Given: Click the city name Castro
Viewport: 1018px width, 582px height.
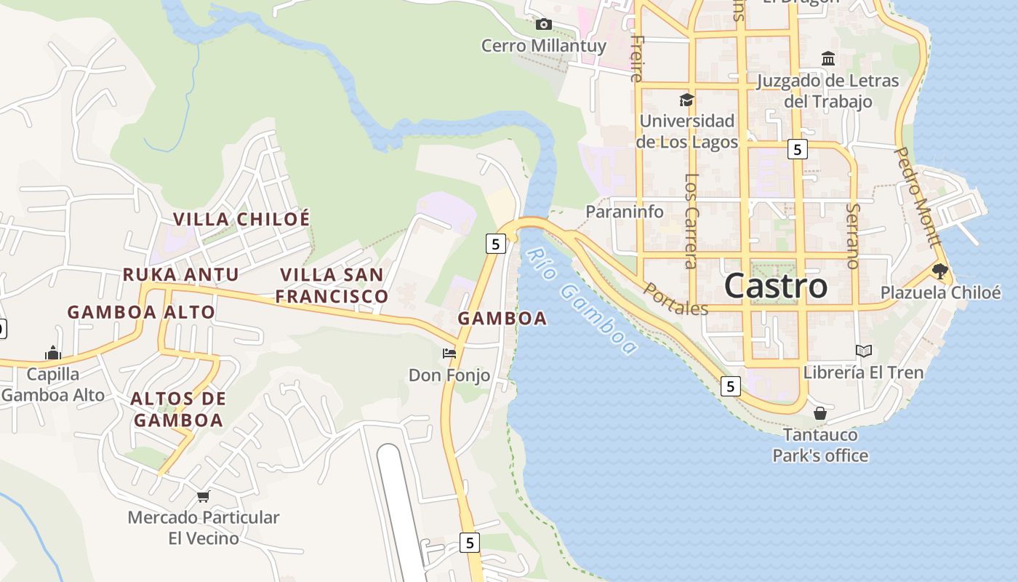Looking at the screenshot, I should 775,286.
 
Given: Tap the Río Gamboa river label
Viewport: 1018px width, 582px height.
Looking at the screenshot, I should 581,301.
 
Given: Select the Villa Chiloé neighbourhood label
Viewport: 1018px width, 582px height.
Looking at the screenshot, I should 241,219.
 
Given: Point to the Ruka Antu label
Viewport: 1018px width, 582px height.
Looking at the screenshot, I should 180,274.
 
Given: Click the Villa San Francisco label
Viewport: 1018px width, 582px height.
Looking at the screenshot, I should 332,286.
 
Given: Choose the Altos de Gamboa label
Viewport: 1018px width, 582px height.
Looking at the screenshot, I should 178,410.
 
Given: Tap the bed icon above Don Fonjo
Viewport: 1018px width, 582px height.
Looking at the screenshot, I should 449,354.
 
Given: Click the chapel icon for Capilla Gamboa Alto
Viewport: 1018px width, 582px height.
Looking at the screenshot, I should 52,354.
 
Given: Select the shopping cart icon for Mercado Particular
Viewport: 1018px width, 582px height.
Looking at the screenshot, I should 203,496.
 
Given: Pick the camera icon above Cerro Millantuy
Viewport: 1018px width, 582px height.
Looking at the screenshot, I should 543,25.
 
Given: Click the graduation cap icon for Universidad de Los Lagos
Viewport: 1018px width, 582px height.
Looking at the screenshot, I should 686,100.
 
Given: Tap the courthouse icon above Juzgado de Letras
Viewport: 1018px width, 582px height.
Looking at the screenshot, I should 828,58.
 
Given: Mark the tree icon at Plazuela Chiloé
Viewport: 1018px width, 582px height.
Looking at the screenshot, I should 939,271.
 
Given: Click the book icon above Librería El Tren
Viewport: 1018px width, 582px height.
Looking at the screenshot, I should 863,351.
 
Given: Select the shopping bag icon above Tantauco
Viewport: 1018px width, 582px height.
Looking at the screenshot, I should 820,413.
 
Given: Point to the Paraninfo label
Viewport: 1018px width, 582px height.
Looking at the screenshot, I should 625,212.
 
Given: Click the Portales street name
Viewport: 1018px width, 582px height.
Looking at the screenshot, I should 676,299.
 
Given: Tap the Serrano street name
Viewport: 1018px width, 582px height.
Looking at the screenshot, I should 853,236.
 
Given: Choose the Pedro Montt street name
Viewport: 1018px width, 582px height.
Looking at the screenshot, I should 918,196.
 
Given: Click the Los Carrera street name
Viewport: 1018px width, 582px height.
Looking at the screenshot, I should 692,220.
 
